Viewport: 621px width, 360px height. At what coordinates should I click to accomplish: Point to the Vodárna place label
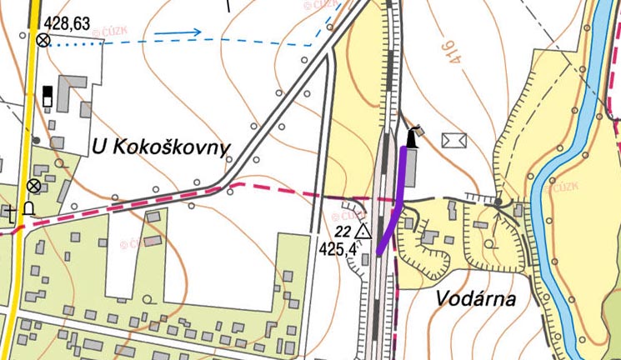[x=475, y=299]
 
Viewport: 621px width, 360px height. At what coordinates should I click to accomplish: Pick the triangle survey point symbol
[x=363, y=231]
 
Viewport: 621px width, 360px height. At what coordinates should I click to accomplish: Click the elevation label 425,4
[x=338, y=248]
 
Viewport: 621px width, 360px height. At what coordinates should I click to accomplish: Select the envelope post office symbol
[x=455, y=139]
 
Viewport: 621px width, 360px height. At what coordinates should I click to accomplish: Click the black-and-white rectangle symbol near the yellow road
[x=48, y=95]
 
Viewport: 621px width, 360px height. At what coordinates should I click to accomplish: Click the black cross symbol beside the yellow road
[x=11, y=211]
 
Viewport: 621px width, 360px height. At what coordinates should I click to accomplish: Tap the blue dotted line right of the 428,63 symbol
[x=75, y=46]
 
